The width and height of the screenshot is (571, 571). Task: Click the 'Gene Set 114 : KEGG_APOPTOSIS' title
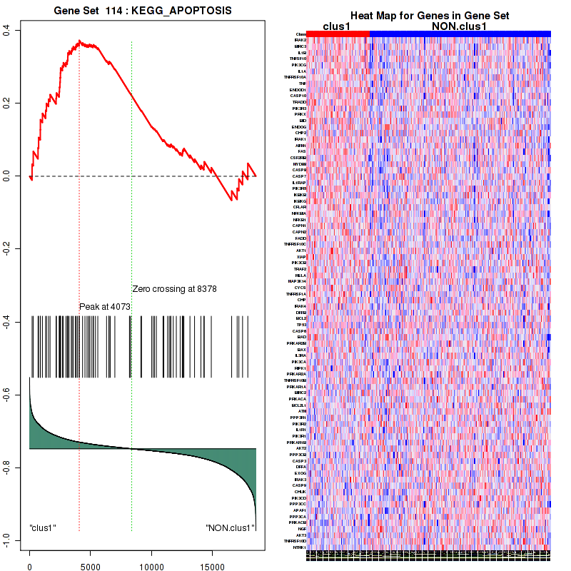(x=143, y=11)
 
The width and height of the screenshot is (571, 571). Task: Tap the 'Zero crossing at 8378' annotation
(x=174, y=289)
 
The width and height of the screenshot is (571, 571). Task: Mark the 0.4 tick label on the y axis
(x=6, y=29)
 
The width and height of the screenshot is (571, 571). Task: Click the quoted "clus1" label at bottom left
(x=43, y=528)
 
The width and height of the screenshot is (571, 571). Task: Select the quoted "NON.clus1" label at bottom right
(x=230, y=528)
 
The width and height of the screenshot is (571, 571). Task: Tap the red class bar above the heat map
(x=338, y=34)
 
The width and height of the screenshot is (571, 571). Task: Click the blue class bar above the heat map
(x=460, y=34)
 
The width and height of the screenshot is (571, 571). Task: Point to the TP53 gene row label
(x=302, y=325)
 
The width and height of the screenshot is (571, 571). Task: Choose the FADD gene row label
(x=301, y=238)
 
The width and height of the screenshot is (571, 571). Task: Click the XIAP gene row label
(x=301, y=257)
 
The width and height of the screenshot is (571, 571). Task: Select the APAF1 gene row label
(x=300, y=510)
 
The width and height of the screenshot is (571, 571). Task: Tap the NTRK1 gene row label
(x=299, y=547)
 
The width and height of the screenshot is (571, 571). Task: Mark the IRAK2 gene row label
(x=300, y=40)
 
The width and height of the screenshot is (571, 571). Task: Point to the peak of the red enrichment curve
(x=79, y=41)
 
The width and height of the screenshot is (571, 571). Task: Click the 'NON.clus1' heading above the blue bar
(x=460, y=26)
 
